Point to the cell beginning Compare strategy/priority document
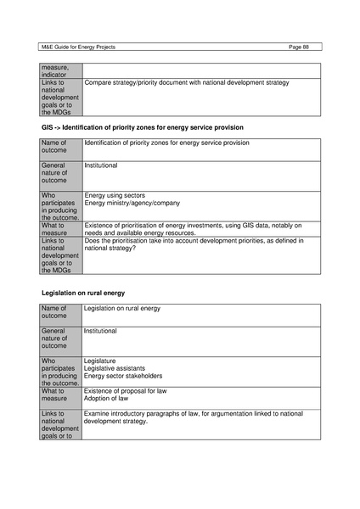[x=187, y=82]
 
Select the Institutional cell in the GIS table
[x=101, y=165]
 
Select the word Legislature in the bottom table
[x=100, y=361]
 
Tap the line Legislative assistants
[x=114, y=368]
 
